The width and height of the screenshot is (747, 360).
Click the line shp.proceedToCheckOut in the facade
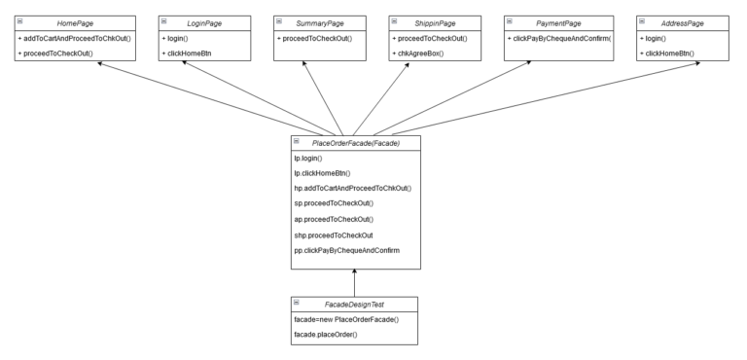333,234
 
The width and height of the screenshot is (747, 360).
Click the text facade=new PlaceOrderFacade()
351,318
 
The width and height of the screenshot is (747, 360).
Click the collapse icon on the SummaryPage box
278,19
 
